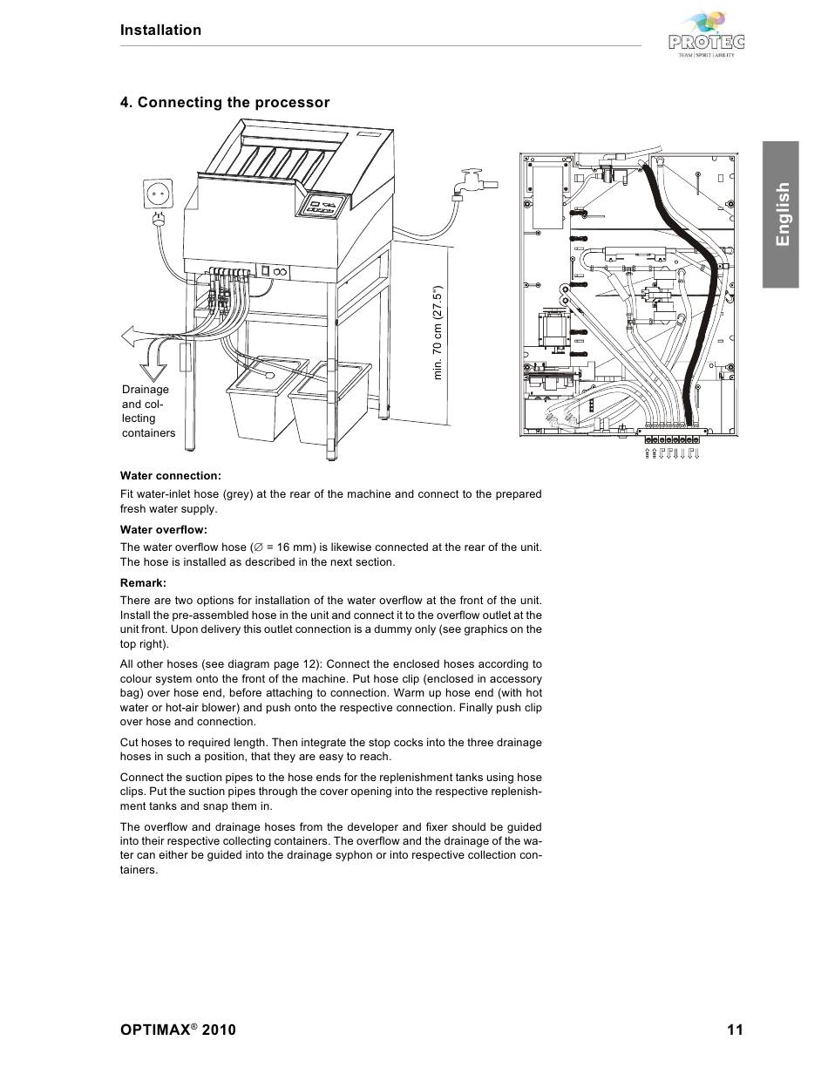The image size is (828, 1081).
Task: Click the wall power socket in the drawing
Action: point(159,193)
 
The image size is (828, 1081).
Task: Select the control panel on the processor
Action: point(323,207)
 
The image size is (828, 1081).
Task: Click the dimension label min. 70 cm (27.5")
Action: point(438,331)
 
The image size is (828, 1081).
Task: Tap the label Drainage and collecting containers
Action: point(147,411)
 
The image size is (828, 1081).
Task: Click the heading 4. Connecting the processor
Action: point(225,103)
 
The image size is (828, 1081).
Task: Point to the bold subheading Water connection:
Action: point(171,476)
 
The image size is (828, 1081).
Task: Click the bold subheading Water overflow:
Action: point(163,530)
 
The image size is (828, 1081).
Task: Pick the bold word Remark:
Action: point(143,582)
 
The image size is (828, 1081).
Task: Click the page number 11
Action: point(735,1030)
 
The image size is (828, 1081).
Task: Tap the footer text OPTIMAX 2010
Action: point(178,1030)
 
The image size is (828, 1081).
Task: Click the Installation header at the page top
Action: point(160,31)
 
